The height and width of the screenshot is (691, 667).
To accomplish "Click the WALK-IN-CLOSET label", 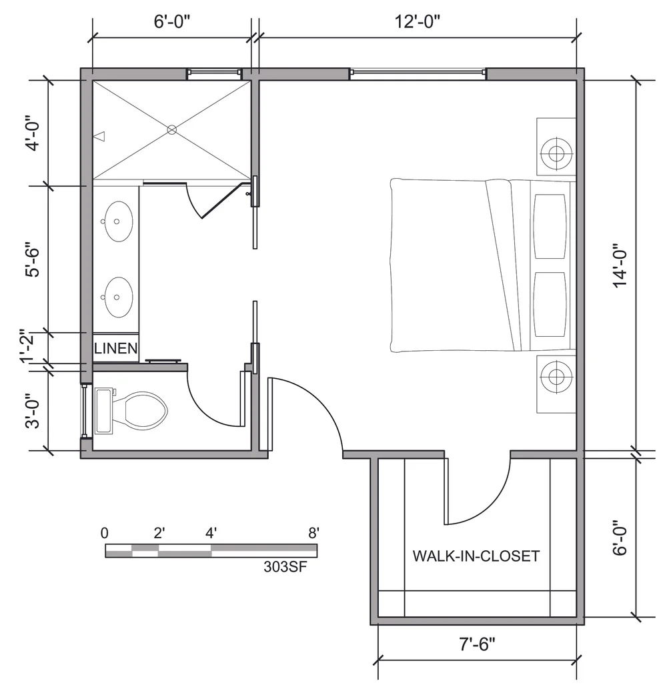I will click(476, 556).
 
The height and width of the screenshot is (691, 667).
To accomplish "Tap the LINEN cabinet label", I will click(116, 348).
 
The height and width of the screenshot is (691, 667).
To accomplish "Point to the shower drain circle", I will click(172, 130).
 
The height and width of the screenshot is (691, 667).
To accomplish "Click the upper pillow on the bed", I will click(550, 226).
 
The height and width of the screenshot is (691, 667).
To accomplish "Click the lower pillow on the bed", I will click(550, 303).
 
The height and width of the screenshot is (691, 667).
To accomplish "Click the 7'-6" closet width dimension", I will click(477, 645).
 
